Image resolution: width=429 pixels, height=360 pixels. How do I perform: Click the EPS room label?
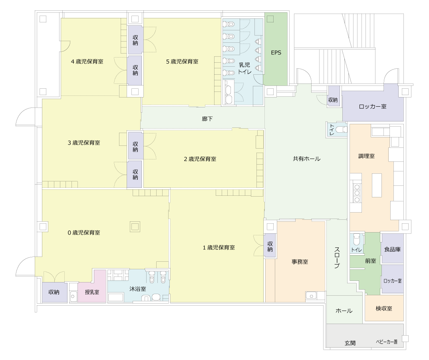(x=276, y=53)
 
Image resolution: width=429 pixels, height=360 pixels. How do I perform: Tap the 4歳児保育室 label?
(x=87, y=62)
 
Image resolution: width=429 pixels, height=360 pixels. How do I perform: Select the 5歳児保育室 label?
(x=182, y=62)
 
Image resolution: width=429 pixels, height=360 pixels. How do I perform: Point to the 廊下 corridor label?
(x=207, y=119)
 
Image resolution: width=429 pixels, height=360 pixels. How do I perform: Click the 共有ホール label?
(x=306, y=159)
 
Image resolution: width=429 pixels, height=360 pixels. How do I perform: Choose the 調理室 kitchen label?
(x=366, y=156)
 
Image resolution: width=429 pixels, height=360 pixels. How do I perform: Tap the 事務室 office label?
(x=300, y=262)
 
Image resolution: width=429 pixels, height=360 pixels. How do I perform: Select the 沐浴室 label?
(x=138, y=289)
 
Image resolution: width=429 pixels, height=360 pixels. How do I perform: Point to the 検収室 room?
(x=384, y=308)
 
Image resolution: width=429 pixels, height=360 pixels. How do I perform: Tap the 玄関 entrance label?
(x=350, y=343)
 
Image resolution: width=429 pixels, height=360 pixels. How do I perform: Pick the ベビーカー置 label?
(x=387, y=342)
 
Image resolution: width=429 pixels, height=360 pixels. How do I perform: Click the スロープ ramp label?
(x=337, y=257)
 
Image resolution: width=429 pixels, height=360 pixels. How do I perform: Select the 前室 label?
(x=370, y=261)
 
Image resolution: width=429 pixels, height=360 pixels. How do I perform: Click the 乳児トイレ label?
(x=244, y=68)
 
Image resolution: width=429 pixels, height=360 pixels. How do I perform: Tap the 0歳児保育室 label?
(x=84, y=233)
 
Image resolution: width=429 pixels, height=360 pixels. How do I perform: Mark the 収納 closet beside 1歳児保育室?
(x=270, y=246)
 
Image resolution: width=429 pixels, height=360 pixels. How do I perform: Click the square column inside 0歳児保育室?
(x=135, y=227)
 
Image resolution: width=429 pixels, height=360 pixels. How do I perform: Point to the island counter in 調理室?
(x=377, y=185)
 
